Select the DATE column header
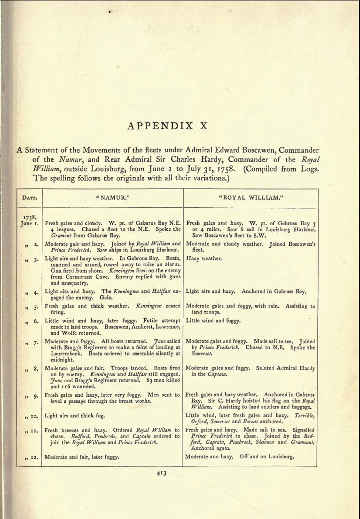pos(28,198)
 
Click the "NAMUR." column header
pos(112,198)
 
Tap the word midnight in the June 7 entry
pos(56,359)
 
